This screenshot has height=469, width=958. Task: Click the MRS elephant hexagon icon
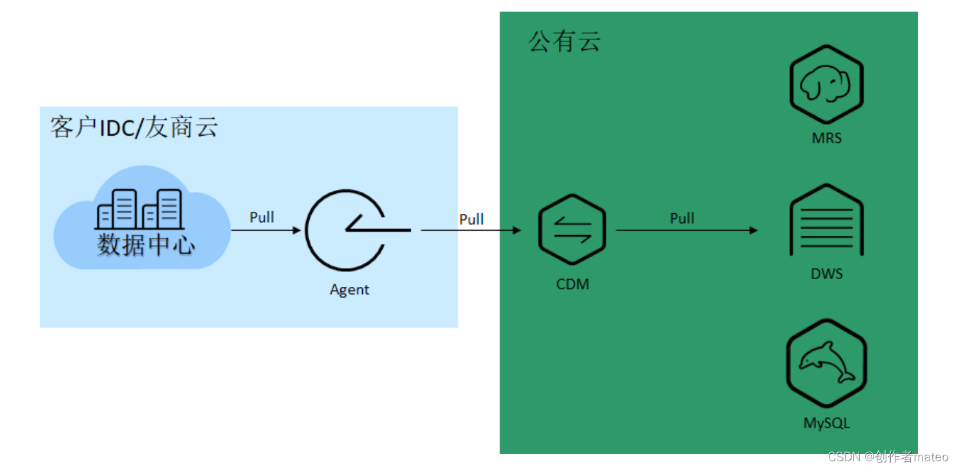pyautogui.click(x=826, y=85)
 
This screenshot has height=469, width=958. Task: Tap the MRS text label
pyautogui.click(x=827, y=138)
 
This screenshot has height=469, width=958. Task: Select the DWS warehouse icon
pyautogui.click(x=827, y=221)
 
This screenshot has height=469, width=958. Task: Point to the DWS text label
pyautogui.click(x=827, y=274)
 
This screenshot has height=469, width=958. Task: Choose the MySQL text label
pyautogui.click(x=826, y=423)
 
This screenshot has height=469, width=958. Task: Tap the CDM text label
pyautogui.click(x=573, y=284)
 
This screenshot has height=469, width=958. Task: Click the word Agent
pyautogui.click(x=349, y=289)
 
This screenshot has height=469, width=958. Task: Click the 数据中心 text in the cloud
pyautogui.click(x=146, y=245)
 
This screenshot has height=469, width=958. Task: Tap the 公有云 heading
pyautogui.click(x=564, y=42)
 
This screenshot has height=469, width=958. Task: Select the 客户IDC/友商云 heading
pyautogui.click(x=134, y=128)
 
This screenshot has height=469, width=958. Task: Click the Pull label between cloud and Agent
pyautogui.click(x=262, y=217)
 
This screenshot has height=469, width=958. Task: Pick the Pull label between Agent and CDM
pyautogui.click(x=471, y=219)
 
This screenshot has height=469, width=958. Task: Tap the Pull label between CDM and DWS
pyautogui.click(x=682, y=218)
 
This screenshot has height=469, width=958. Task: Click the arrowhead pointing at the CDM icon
pyautogui.click(x=516, y=230)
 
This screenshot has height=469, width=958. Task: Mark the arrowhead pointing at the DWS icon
pyautogui.click(x=753, y=230)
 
